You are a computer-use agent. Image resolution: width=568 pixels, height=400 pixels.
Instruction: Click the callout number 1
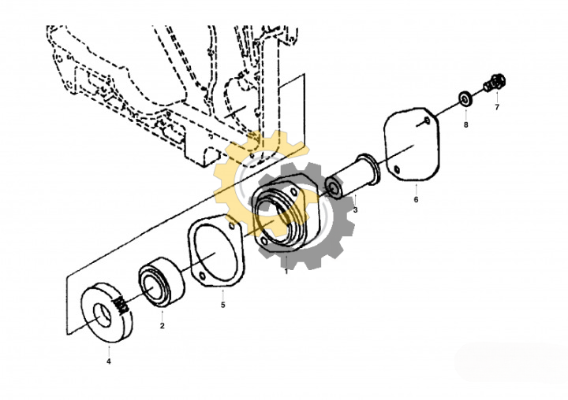286,272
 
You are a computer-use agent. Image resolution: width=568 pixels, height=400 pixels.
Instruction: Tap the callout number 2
163,325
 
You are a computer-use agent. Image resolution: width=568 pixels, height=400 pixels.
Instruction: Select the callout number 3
355,210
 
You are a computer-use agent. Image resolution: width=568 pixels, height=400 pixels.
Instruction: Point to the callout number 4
109,361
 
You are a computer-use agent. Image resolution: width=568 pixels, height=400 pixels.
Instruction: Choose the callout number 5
223,304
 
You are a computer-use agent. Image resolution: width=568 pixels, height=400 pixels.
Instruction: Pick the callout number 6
416,199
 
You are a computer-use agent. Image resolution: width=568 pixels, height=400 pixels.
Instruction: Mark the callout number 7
497,106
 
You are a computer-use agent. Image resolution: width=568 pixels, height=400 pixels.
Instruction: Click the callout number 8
465,124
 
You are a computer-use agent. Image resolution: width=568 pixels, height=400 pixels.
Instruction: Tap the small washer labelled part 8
466,99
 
